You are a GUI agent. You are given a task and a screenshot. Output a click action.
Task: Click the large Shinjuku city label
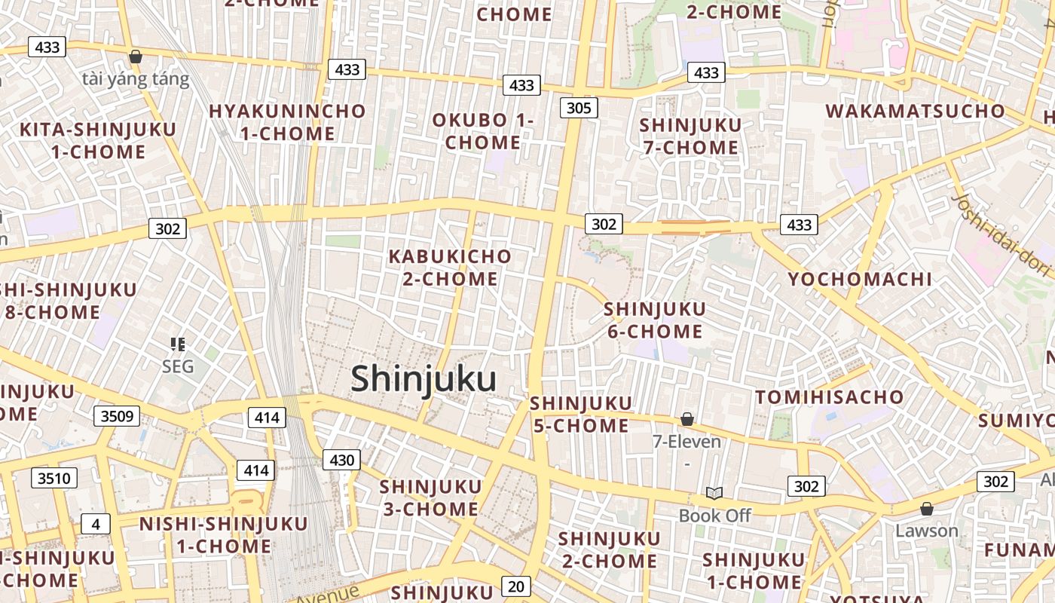click(424, 379)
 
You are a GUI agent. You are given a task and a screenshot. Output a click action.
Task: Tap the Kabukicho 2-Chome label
click(450, 268)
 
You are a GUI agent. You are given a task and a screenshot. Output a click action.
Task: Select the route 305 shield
click(579, 108)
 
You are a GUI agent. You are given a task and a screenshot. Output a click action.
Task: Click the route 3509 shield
click(117, 415)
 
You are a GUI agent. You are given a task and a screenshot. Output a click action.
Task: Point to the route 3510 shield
click(54, 477)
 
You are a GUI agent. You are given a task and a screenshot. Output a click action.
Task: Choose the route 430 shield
click(342, 459)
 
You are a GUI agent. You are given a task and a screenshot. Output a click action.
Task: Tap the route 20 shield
click(515, 586)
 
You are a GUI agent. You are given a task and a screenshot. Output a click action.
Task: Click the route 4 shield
click(96, 524)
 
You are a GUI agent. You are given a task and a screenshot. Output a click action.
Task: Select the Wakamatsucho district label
click(916, 111)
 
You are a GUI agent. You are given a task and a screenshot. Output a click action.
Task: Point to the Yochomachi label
click(860, 279)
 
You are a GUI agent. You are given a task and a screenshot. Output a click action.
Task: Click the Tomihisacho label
click(830, 396)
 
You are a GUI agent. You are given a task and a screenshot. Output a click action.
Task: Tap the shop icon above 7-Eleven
click(687, 418)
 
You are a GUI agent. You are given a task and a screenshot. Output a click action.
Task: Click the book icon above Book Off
click(714, 493)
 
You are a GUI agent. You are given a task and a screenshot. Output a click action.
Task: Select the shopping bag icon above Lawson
click(927, 509)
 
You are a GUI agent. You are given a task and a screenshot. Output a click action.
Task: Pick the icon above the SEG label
click(178, 344)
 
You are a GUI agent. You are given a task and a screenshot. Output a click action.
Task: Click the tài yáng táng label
click(136, 78)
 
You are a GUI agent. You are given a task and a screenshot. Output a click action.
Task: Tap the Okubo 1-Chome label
click(482, 131)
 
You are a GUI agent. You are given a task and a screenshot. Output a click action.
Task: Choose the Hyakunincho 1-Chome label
click(287, 122)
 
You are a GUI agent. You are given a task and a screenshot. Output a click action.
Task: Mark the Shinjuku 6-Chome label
click(654, 320)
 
